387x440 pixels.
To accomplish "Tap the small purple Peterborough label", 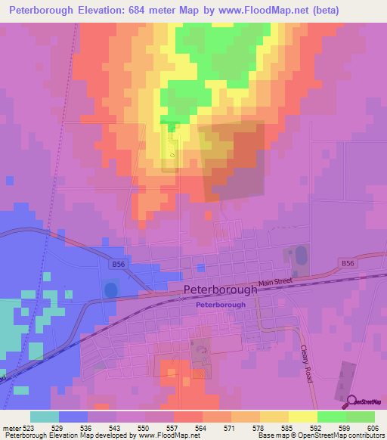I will pyautogui.click(x=220, y=305).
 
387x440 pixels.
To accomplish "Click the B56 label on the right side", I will pyautogui.click(x=347, y=262).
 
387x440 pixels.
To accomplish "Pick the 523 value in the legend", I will pyautogui.click(x=28, y=428).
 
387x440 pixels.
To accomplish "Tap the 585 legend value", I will pyautogui.click(x=286, y=428).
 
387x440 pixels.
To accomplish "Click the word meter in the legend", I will pyautogui.click(x=10, y=428).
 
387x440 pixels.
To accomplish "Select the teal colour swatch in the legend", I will pyautogui.click(x=44, y=417).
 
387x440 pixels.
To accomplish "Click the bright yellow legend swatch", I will pyautogui.click(x=302, y=417).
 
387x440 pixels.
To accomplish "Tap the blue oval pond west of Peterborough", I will pyautogui.click(x=110, y=290).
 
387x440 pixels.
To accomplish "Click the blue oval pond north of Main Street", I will pyautogui.click(x=301, y=254).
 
